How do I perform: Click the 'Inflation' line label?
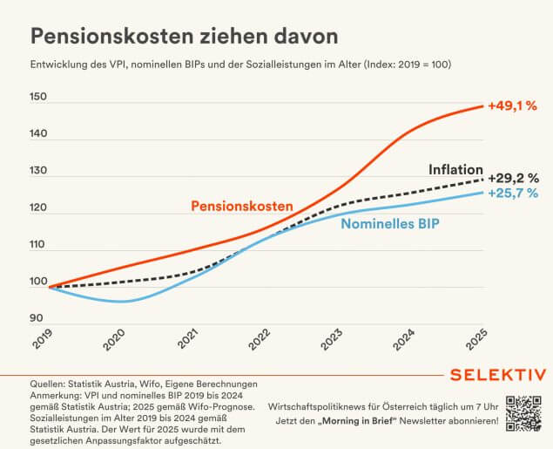456,168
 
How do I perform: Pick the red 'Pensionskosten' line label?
242,206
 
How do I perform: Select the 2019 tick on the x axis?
43,342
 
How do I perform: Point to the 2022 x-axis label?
262,342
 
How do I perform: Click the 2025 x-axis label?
478,342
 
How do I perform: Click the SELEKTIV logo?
497,375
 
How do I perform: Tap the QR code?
526,414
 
